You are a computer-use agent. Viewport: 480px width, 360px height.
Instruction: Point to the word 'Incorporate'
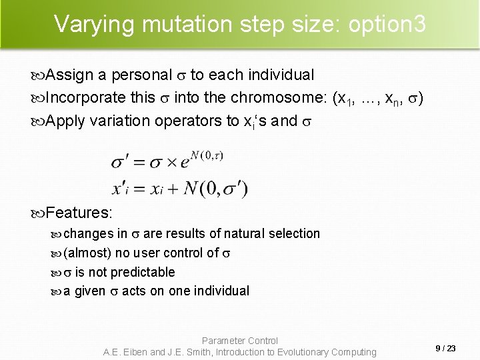[85, 97]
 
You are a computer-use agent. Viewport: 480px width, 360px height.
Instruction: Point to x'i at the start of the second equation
[125, 189]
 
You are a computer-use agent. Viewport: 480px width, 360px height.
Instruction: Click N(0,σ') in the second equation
[215, 189]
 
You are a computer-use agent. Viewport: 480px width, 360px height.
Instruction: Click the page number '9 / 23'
[445, 348]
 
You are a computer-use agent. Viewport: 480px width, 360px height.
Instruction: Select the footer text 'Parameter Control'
[240, 341]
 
